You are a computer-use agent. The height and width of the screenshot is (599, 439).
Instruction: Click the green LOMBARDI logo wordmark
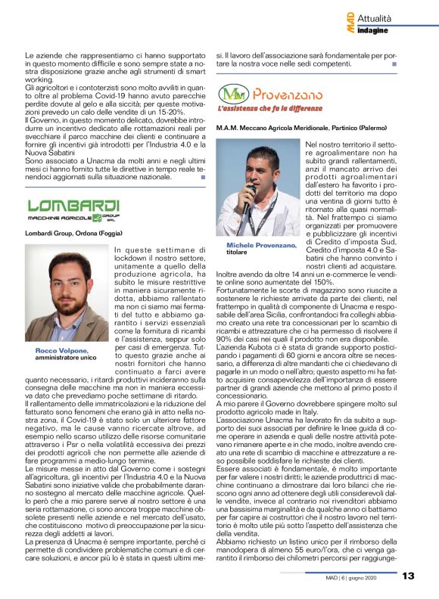point(73,206)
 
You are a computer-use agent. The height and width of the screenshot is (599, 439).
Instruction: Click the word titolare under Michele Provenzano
point(238,253)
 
